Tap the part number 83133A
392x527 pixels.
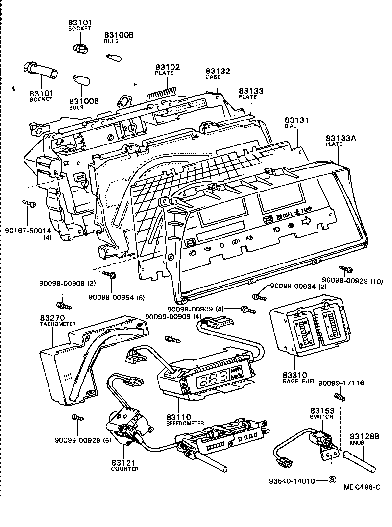click(x=341, y=139)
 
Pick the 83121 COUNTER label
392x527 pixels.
click(x=124, y=465)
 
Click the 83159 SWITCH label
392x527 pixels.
click(x=321, y=413)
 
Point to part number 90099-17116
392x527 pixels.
click(x=342, y=383)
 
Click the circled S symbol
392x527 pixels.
click(x=332, y=480)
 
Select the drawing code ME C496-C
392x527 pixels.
click(x=361, y=487)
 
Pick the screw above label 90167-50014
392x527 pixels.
click(x=28, y=204)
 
